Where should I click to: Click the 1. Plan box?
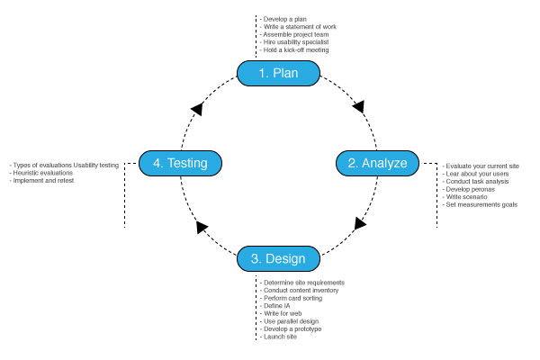tap(278, 74)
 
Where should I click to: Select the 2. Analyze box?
tap(377, 163)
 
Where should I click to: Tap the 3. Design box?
tap(278, 258)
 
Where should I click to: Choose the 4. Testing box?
tap(181, 163)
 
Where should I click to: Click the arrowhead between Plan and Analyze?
tap(359, 106)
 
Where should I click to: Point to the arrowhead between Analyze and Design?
tap(360, 223)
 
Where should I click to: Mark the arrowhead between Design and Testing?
tap(201, 227)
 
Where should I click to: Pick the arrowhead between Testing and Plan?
tap(197, 109)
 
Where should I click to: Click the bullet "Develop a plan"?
tap(283, 19)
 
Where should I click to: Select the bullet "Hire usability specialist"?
tap(294, 42)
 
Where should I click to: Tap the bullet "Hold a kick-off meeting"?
tap(294, 50)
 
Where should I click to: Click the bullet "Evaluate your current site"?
tap(481, 166)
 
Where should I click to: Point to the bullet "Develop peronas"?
tap(469, 189)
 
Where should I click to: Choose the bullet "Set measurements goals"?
tap(480, 204)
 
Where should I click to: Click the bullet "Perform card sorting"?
tap(292, 298)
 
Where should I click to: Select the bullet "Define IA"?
tap(275, 306)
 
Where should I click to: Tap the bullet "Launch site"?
tap(278, 337)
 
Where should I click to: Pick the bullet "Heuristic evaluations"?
tap(41, 173)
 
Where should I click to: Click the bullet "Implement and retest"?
tap(41, 181)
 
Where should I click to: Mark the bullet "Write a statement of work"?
tap(298, 27)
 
